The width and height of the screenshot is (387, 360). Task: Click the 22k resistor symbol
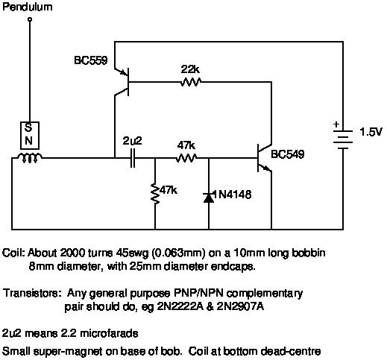190,82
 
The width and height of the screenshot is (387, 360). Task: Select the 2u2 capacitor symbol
133,158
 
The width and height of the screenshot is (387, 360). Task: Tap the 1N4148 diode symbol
209,197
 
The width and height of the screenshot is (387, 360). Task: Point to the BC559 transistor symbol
122,82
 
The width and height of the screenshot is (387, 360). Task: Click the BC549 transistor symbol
264,158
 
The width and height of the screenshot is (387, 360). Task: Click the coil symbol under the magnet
30,158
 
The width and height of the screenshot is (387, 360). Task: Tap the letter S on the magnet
28,127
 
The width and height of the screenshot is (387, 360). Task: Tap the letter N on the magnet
28,141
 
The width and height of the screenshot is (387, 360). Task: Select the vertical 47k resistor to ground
155,194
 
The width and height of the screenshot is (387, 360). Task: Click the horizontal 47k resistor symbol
186,158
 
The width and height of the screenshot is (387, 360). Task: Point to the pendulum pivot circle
30,19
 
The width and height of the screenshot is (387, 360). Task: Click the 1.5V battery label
371,132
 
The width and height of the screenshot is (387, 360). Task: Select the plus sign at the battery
336,124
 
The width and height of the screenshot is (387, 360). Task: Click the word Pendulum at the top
28,7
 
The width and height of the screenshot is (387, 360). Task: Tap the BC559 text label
91,60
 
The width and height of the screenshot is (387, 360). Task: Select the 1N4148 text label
232,195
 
